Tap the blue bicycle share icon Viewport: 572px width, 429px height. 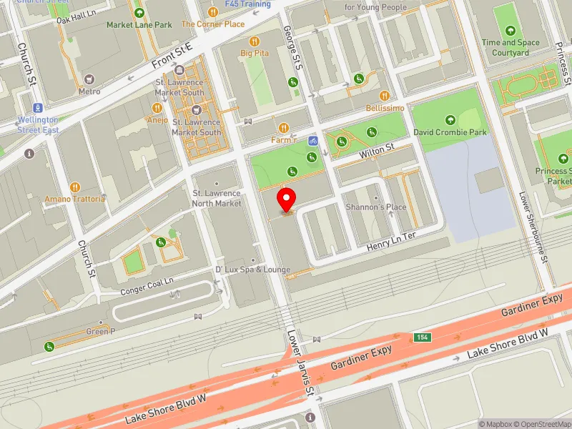tap(312, 140)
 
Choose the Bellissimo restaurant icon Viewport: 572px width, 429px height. tap(385, 95)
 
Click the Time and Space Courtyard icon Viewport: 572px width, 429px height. tap(510, 30)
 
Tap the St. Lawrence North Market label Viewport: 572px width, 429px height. tap(217, 198)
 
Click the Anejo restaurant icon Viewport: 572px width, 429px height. tap(157, 107)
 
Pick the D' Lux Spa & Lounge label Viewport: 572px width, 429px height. tap(253, 270)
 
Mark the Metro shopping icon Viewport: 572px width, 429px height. tap(89, 79)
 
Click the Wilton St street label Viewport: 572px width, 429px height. tap(377, 151)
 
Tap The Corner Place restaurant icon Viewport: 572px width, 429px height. tap(212, 12)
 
